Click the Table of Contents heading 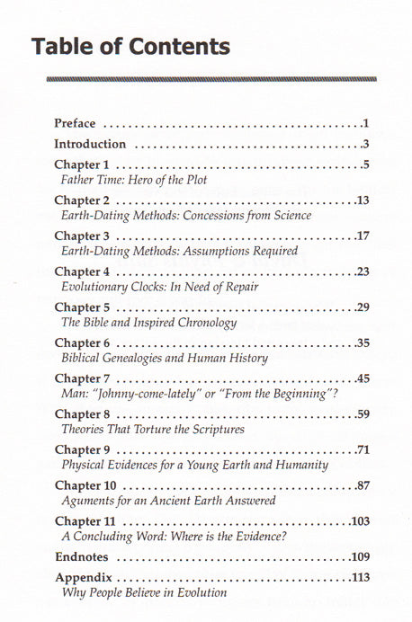[x=130, y=46]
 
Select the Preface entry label [x=79, y=123]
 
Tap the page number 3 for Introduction [x=366, y=144]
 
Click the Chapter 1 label [x=82, y=165]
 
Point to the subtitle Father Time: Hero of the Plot [x=133, y=181]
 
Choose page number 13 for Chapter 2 [x=363, y=200]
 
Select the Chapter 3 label [x=82, y=235]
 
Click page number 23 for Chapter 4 [x=363, y=271]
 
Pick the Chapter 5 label [x=82, y=307]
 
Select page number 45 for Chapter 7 [x=363, y=378]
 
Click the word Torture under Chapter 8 [x=155, y=430]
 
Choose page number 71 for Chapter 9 [x=363, y=449]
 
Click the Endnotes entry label [x=82, y=557]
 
